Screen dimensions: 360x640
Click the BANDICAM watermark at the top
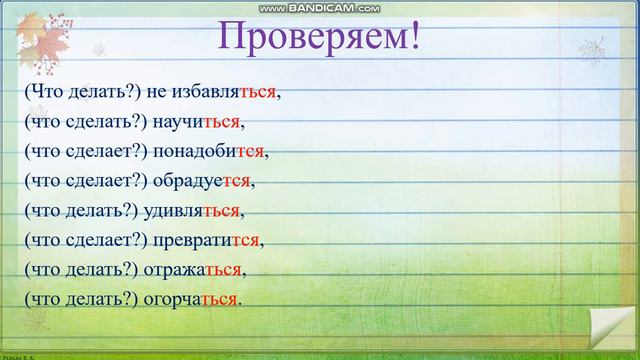319,8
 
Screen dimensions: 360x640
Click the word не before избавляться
156,93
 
